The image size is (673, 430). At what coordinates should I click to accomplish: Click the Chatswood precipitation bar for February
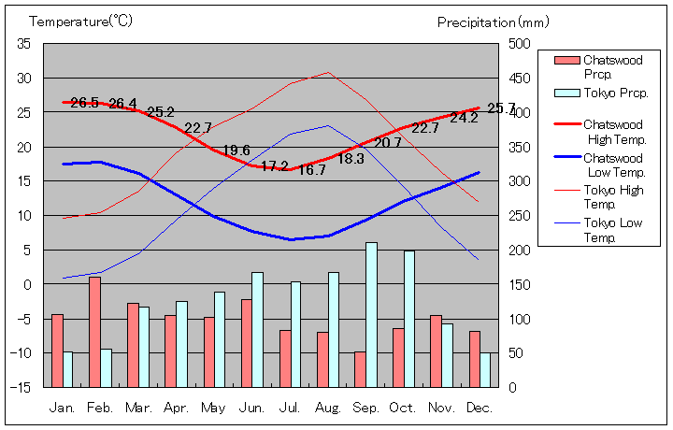[x=94, y=332]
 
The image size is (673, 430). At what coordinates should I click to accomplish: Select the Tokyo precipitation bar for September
[x=371, y=315]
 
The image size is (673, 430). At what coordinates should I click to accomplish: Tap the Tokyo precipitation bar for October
[x=409, y=319]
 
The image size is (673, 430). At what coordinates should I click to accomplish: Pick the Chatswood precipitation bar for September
[x=360, y=369]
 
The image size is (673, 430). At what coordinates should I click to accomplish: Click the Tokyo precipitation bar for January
[x=67, y=369]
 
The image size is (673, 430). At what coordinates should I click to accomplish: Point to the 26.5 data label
[x=84, y=103]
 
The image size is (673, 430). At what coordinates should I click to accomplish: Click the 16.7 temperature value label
[x=312, y=170]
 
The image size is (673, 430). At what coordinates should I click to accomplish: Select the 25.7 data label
[x=501, y=108]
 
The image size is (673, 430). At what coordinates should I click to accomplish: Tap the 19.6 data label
[x=236, y=150]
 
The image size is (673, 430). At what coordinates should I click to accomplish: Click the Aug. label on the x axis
[x=328, y=408]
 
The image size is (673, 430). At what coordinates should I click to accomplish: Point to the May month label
[x=213, y=408]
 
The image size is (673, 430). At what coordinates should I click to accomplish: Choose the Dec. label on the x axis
[x=480, y=408]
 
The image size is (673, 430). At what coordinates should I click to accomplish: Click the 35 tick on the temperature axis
[x=24, y=44]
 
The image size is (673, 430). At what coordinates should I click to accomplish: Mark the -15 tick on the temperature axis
[x=21, y=387]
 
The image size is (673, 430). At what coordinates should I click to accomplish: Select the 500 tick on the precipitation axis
[x=520, y=44]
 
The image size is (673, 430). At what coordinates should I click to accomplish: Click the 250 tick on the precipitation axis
[x=520, y=216]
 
